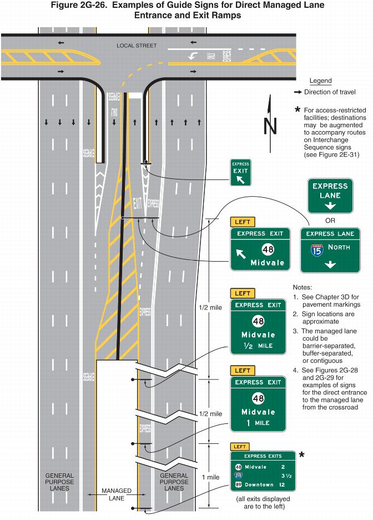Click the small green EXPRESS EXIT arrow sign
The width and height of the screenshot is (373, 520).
[240, 172]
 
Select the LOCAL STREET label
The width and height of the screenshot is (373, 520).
[137, 45]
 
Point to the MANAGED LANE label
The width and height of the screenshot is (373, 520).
[117, 494]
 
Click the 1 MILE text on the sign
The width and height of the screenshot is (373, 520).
[258, 423]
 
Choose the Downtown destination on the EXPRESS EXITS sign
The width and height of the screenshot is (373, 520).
[259, 485]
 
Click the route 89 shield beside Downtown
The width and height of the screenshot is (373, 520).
[238, 485]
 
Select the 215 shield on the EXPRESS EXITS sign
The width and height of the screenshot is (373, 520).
[238, 476]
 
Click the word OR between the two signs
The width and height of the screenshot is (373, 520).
[331, 221]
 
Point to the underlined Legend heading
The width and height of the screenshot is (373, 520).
[320, 81]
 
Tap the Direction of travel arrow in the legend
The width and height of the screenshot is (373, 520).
[298, 92]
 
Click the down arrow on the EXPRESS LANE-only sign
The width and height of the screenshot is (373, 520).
[330, 206]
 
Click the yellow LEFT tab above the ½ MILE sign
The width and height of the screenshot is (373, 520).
[243, 293]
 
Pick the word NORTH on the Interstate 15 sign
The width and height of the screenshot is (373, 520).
[338, 247]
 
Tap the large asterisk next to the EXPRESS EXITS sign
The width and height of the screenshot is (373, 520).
[302, 456]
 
